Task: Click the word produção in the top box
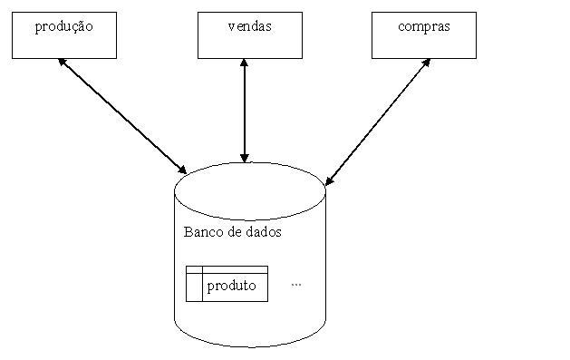pyautogui.click(x=63, y=26)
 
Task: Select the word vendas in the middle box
pyautogui.click(x=249, y=26)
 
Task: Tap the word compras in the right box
pyautogui.click(x=423, y=26)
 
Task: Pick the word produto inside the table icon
pyautogui.click(x=231, y=287)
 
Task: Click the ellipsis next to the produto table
pyautogui.click(x=296, y=284)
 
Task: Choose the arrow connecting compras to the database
pyautogui.click(x=378, y=122)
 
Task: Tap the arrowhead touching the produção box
pyautogui.click(x=62, y=63)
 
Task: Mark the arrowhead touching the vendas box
pyautogui.click(x=244, y=64)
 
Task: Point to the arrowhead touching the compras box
pyautogui.click(x=427, y=64)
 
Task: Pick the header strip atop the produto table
pyautogui.click(x=227, y=269)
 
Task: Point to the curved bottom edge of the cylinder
pyautogui.click(x=249, y=346)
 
